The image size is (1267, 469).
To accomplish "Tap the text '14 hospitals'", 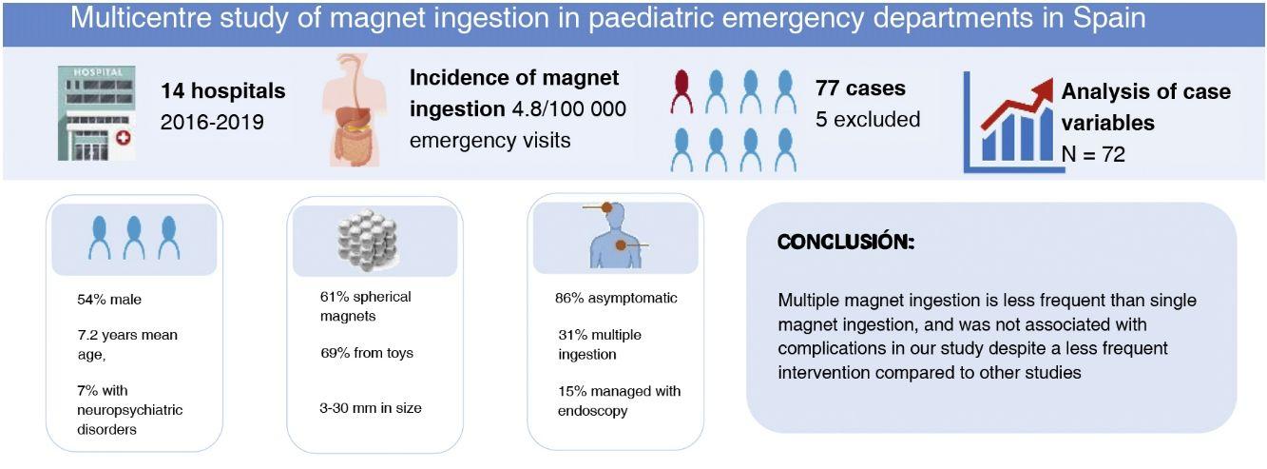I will click(x=222, y=91).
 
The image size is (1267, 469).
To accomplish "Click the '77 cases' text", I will click(x=860, y=88).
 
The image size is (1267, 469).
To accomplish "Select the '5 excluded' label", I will click(x=867, y=120).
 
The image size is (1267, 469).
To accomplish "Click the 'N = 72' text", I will click(x=1093, y=153).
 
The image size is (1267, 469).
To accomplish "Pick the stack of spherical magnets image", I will click(x=367, y=240).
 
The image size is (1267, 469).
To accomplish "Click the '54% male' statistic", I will click(x=109, y=300).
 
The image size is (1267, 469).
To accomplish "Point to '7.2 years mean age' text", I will click(x=127, y=344).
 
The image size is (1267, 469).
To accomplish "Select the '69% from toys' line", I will click(x=367, y=353).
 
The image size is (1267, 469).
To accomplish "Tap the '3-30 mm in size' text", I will click(x=371, y=408).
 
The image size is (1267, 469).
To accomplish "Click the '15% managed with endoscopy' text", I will click(x=619, y=401).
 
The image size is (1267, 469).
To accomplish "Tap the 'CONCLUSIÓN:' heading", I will click(x=846, y=243).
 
